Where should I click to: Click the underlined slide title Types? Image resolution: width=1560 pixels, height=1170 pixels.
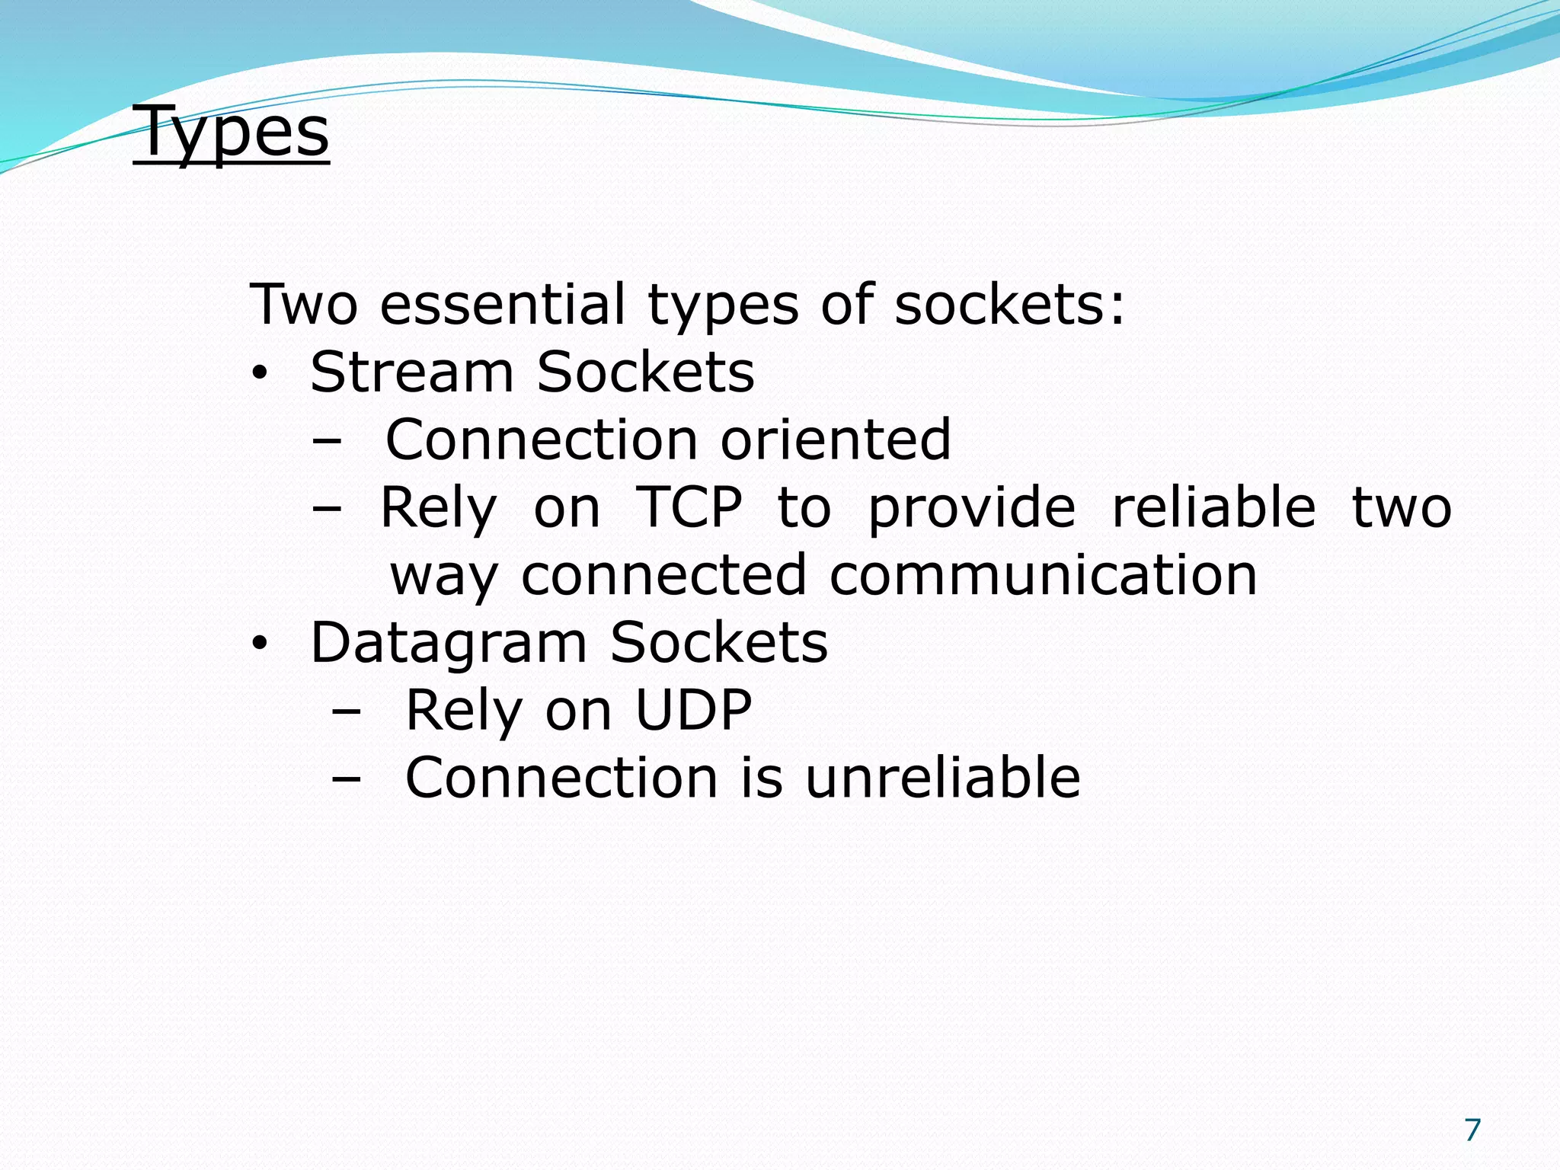[x=232, y=132]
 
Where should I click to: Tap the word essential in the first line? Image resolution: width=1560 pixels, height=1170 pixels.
[x=503, y=304]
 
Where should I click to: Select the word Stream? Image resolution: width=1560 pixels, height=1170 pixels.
[x=412, y=372]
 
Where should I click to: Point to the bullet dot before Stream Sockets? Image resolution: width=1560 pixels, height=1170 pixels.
[x=260, y=374]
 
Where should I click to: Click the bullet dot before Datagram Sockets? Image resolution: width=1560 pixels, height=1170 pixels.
[x=260, y=644]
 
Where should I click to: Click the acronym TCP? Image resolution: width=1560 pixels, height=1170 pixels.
[x=689, y=507]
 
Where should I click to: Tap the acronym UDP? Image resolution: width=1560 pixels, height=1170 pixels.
[x=693, y=710]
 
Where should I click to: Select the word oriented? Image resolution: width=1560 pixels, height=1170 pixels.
[x=836, y=440]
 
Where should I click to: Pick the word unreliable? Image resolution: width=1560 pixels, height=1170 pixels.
[x=942, y=778]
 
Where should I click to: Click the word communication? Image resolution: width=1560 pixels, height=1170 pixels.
[x=1043, y=575]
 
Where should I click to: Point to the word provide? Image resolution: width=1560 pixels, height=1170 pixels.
[x=971, y=507]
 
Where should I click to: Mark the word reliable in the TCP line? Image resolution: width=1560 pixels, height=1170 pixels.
[x=1213, y=507]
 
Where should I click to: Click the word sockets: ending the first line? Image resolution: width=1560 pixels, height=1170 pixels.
[x=1009, y=304]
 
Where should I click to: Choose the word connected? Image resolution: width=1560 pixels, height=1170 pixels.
[x=663, y=575]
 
